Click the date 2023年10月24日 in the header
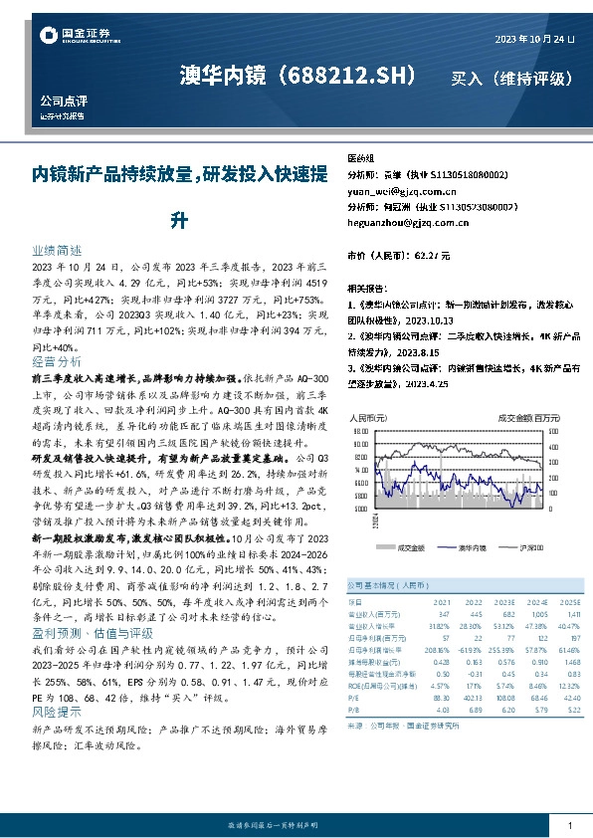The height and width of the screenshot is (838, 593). pos(535,39)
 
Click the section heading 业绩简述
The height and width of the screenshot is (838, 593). pos(56,253)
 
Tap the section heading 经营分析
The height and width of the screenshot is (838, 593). pos(56,361)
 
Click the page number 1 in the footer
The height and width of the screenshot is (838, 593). pos(568,825)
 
